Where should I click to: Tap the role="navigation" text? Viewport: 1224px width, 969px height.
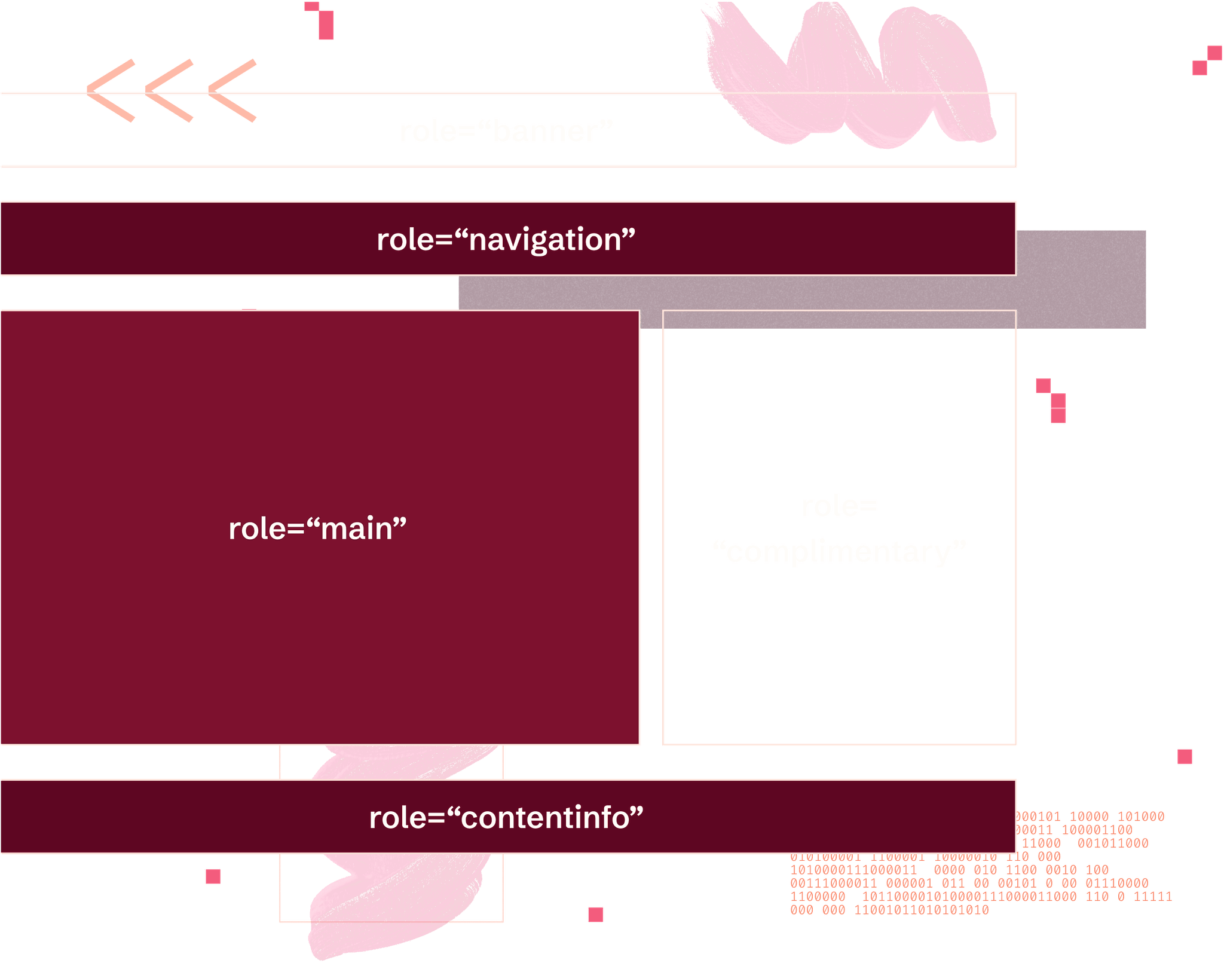(506, 240)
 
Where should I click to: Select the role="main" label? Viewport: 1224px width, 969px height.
(317, 529)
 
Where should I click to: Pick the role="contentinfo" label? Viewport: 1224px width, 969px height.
(506, 818)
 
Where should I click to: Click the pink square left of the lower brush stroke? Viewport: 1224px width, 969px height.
(213, 876)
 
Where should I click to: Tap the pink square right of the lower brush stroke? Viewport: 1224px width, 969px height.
(595, 915)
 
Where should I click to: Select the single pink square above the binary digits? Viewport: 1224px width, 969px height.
(1185, 757)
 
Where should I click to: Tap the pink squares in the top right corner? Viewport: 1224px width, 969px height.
(1207, 60)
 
